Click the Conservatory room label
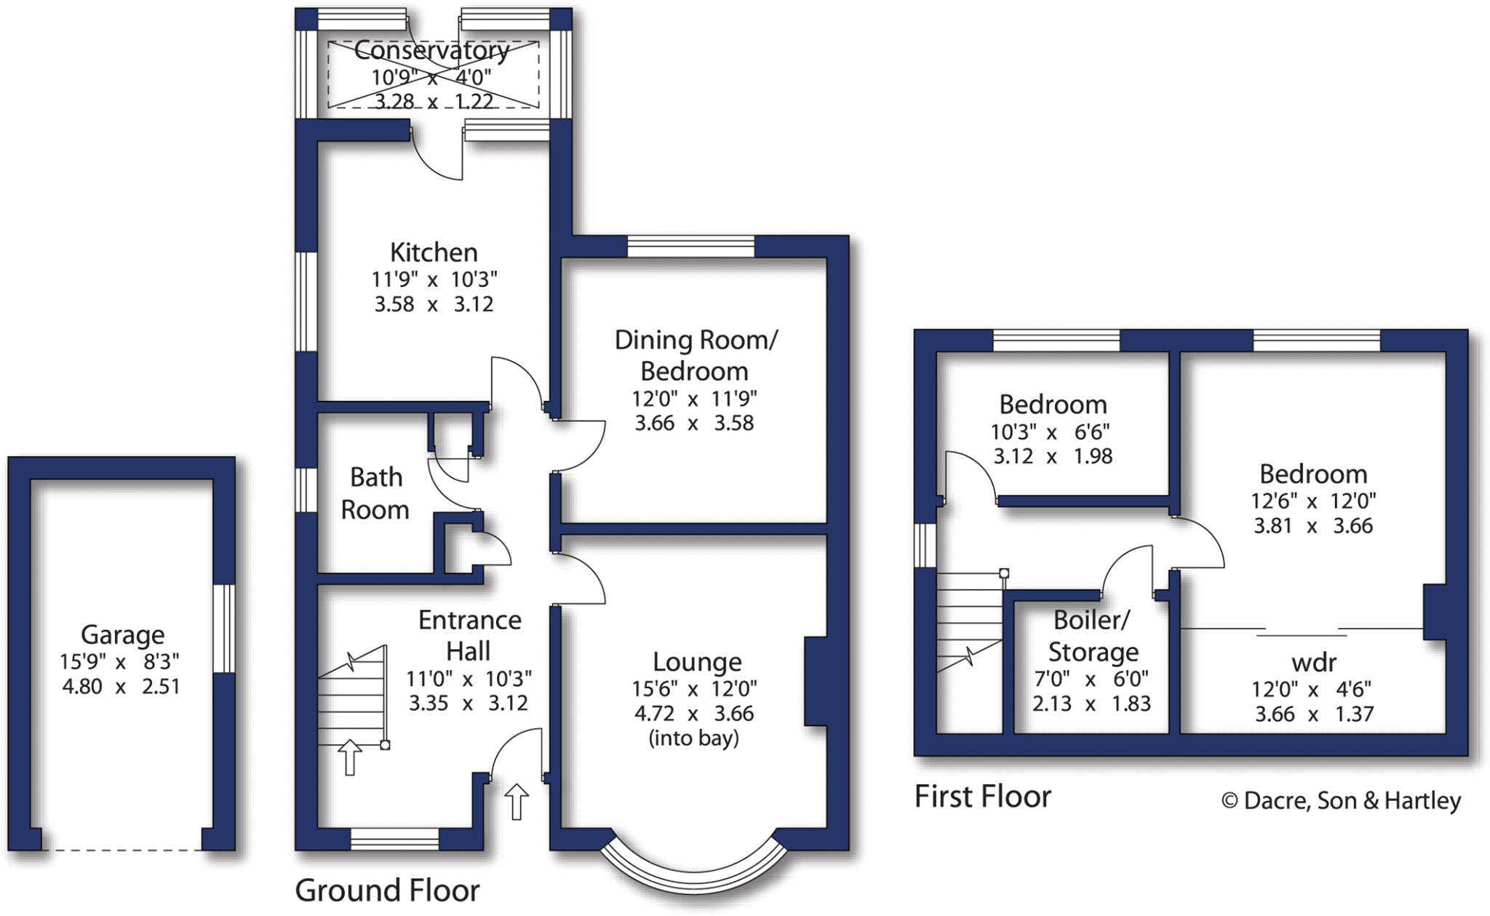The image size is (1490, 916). click(x=431, y=50)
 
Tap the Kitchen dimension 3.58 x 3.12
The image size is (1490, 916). click(x=434, y=304)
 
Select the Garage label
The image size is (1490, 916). click(x=122, y=634)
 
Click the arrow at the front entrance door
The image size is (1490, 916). click(x=517, y=801)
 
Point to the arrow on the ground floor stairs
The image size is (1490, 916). click(x=350, y=757)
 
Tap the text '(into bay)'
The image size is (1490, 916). click(x=693, y=738)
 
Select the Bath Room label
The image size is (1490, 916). click(x=375, y=493)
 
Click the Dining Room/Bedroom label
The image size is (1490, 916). click(x=696, y=355)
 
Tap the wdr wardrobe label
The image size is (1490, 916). click(x=1314, y=662)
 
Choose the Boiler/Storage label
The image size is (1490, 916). click(x=1092, y=636)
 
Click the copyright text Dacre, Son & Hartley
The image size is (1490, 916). click(x=1341, y=800)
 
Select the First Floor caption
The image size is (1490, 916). click(x=982, y=797)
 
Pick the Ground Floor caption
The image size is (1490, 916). click(x=387, y=891)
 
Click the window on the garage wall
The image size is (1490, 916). click(x=224, y=629)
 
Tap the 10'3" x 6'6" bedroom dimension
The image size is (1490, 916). click(x=1050, y=432)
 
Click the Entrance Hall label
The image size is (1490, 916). click(x=469, y=635)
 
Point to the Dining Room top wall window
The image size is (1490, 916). click(x=690, y=247)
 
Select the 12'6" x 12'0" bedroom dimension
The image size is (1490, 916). click(x=1313, y=501)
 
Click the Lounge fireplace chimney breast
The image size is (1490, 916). click(x=816, y=682)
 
